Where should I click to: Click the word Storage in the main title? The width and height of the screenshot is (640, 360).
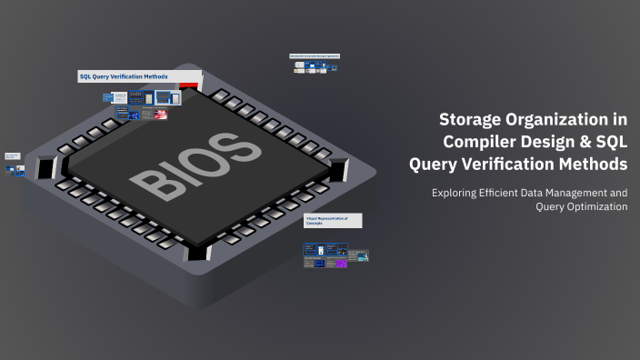pyautogui.click(x=471, y=119)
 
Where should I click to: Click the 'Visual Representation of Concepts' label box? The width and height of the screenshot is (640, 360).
pyautogui.click(x=333, y=221)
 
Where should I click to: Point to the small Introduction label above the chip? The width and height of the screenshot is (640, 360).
pyautogui.click(x=315, y=56)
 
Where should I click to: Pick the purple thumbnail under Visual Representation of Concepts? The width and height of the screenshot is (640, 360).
pyautogui.click(x=341, y=263)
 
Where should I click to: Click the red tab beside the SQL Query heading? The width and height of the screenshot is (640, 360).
pyautogui.click(x=189, y=85)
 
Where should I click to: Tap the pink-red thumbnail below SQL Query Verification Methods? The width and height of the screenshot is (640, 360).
pyautogui.click(x=160, y=115)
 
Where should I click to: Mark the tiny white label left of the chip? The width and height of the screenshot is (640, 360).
pyautogui.click(x=13, y=156)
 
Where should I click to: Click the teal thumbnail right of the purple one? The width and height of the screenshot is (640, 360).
pyautogui.click(x=361, y=257)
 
